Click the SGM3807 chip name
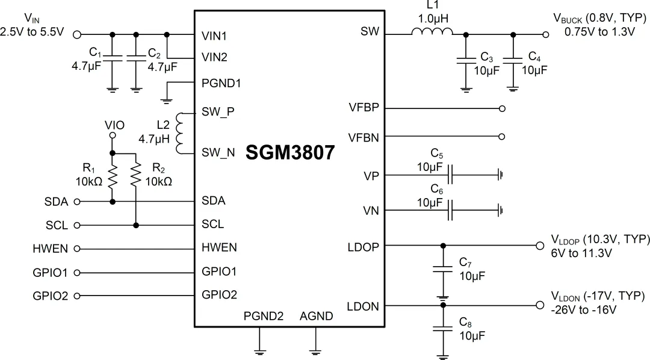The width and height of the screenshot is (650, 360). coord(289,153)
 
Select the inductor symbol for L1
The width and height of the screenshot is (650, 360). coord(432,34)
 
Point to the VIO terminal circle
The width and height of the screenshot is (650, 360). coord(112,136)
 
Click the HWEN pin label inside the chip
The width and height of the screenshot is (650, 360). coord(219,248)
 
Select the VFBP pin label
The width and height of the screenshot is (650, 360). coord(364,108)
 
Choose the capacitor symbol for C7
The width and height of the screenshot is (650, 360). coord(444,270)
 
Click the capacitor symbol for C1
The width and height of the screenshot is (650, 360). coord(112,58)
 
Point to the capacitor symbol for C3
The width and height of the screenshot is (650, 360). coord(465,60)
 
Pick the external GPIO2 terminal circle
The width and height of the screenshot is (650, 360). coord(76,296)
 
